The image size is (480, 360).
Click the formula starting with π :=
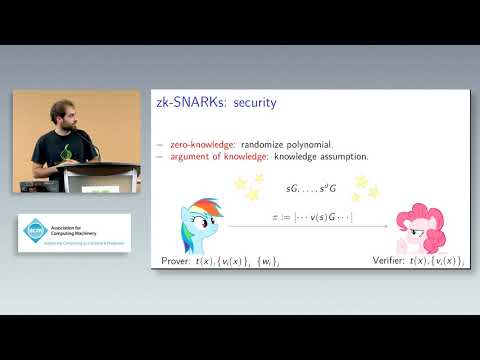pos(300,217)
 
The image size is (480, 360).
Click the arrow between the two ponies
pos(300,229)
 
